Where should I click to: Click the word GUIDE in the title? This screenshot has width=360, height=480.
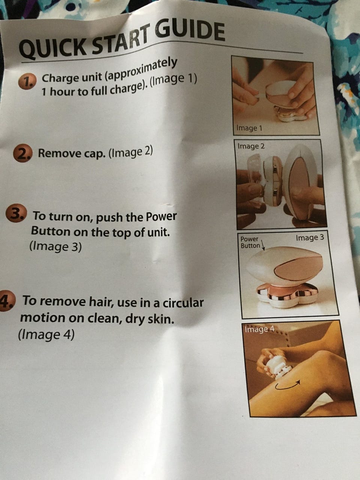(x=191, y=32)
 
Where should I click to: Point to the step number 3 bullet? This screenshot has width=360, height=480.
(x=16, y=213)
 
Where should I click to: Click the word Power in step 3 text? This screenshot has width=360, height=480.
(x=161, y=216)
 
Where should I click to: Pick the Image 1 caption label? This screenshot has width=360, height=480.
(x=249, y=128)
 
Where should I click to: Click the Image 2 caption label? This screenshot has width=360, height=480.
(x=251, y=145)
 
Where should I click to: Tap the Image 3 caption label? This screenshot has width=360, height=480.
(x=310, y=237)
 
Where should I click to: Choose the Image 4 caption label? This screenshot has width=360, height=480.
(x=259, y=329)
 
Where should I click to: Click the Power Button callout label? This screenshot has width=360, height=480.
(x=250, y=243)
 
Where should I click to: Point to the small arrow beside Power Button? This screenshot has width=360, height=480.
(x=263, y=245)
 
